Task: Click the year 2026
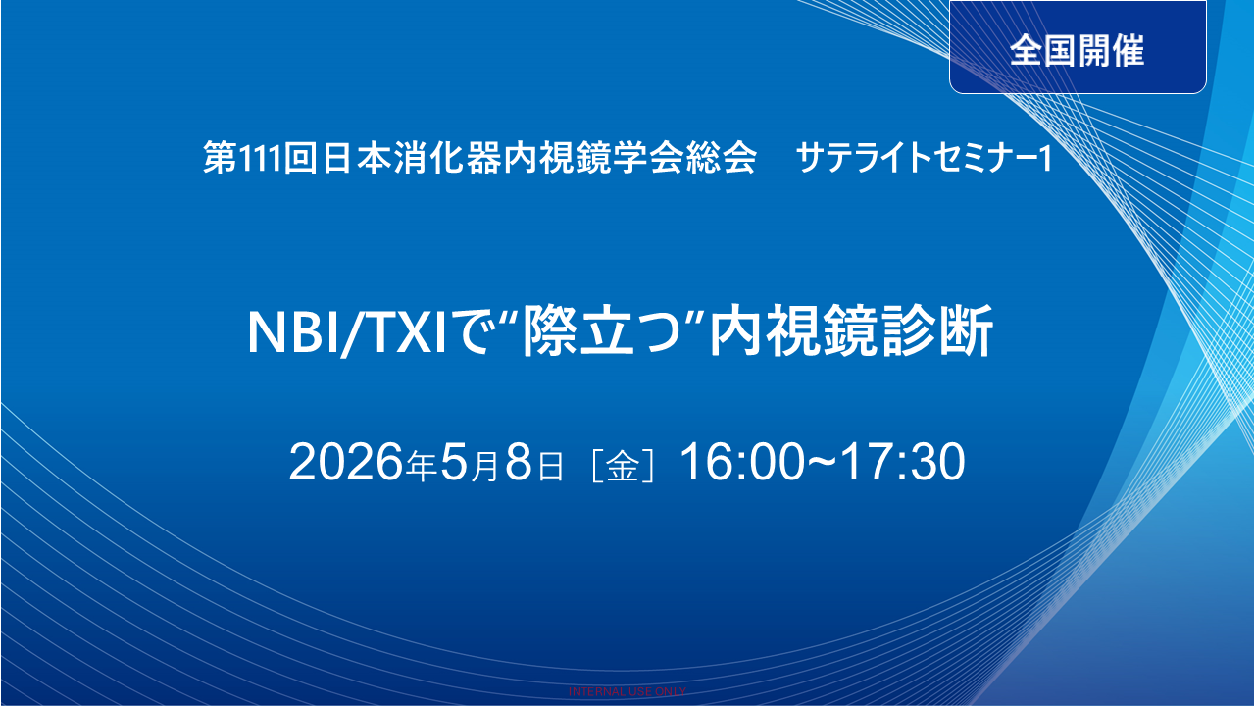[347, 463]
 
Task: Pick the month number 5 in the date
[454, 463]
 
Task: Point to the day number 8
[518, 463]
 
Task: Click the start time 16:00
[741, 463]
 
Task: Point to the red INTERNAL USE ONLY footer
[627, 691]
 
